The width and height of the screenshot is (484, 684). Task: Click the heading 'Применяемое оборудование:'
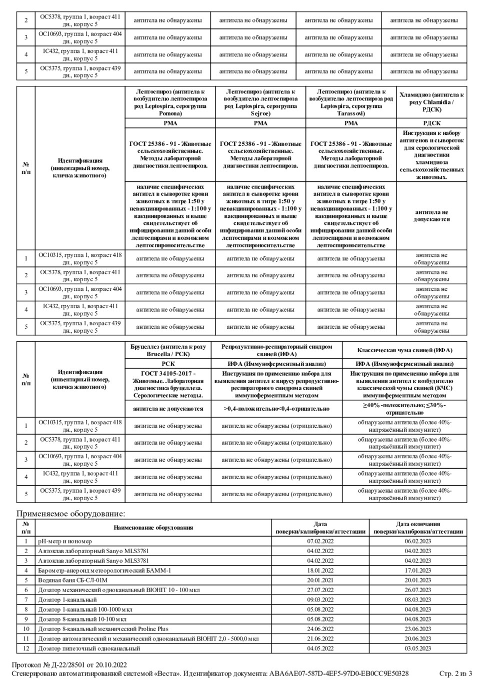(x=70, y=514)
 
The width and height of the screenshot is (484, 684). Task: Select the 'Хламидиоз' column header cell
(x=431, y=102)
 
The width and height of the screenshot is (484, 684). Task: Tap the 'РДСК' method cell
(x=431, y=123)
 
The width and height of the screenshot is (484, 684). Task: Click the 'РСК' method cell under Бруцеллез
(x=168, y=364)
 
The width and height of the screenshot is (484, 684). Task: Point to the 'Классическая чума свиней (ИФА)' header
(x=404, y=350)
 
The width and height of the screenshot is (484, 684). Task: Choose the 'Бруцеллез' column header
(x=168, y=350)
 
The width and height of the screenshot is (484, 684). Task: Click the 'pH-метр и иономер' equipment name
(x=65, y=541)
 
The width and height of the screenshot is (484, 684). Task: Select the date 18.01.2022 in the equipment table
(x=320, y=571)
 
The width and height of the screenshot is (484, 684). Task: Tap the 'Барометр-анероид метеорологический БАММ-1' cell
(x=104, y=571)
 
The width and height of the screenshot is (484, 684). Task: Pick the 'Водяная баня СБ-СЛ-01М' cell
(x=73, y=580)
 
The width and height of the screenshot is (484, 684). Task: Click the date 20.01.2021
(x=320, y=580)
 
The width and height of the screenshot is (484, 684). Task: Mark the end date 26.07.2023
(x=418, y=590)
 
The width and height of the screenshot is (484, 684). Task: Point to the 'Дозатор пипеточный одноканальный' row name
(x=89, y=649)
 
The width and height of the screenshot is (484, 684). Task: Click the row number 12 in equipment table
(x=26, y=649)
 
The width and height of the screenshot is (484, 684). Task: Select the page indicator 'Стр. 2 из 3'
(x=455, y=674)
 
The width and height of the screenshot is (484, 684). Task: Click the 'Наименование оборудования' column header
(x=153, y=528)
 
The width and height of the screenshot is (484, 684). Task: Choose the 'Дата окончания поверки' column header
(x=418, y=528)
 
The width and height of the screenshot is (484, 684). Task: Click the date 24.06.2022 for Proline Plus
(x=320, y=629)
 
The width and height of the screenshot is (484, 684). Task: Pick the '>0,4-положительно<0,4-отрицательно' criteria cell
(x=276, y=409)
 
